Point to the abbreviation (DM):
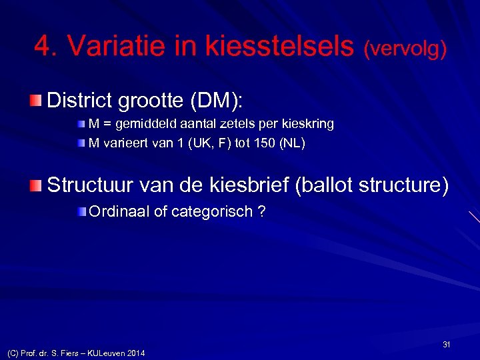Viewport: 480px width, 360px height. click(x=217, y=101)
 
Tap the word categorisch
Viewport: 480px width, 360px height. click(x=213, y=212)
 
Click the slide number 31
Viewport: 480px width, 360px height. click(x=447, y=344)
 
